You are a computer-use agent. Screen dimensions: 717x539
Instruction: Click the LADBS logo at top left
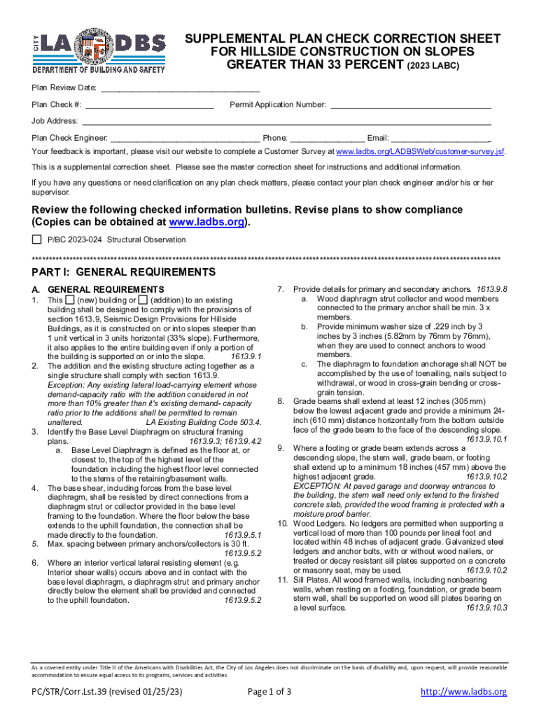(99, 52)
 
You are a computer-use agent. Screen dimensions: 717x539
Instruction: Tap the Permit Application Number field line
(410, 106)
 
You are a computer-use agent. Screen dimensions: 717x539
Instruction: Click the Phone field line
(327, 139)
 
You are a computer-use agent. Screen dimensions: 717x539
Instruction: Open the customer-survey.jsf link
(420, 152)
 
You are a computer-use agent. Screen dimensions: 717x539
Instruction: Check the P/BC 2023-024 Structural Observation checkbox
(37, 240)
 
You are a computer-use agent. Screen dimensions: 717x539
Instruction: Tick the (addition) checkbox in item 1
(143, 300)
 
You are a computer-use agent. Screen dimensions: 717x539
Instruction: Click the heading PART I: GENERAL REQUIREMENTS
(124, 272)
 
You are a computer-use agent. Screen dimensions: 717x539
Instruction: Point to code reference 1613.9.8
(491, 289)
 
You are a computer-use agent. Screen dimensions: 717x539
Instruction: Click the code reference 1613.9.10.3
(486, 608)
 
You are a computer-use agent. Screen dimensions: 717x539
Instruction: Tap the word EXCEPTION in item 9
(316, 485)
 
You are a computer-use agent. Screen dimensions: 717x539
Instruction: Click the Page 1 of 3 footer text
(270, 692)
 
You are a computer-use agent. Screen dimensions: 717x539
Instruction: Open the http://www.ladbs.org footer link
(463, 692)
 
